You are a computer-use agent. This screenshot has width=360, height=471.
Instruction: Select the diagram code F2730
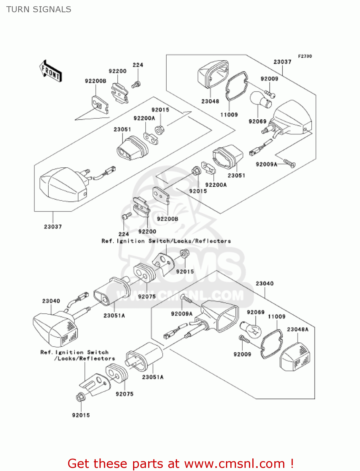coord(305,56)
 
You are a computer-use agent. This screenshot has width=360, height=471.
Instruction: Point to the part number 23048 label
coord(210,101)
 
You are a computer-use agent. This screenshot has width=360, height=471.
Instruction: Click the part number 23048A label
coord(298,329)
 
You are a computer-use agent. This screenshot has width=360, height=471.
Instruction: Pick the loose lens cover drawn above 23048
coord(213,74)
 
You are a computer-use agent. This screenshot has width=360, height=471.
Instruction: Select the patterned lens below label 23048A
coord(295,357)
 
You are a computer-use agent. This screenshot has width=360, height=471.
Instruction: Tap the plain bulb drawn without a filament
coord(261,100)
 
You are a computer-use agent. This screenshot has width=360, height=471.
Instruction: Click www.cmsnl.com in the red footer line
coord(234,463)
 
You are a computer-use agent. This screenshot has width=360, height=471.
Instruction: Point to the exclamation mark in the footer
coord(292,463)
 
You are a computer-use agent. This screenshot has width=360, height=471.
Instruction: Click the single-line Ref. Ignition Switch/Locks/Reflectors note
coord(166,241)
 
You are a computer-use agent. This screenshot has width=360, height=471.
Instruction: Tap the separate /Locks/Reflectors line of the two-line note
coord(84,358)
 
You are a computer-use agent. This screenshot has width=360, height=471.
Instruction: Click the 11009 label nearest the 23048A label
coord(277,317)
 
